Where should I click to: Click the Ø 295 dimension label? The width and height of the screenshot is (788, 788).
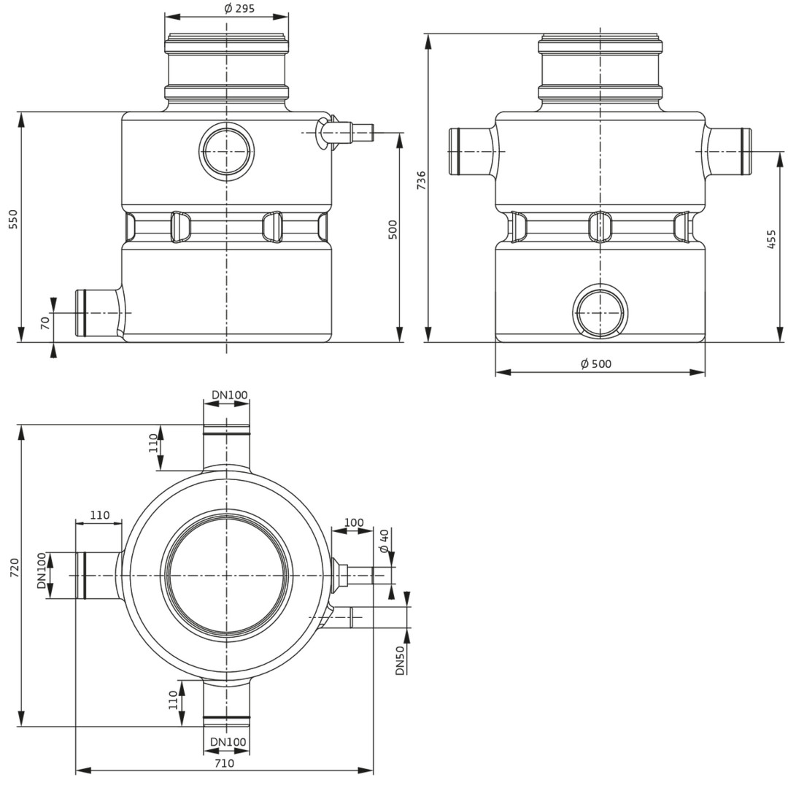(x=240, y=9)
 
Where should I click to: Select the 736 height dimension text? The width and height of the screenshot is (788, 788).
(x=422, y=180)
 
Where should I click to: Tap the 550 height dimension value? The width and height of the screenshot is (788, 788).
(x=13, y=219)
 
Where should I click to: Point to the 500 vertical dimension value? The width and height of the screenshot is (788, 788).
(x=393, y=229)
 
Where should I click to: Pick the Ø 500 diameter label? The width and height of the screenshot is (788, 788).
(x=596, y=364)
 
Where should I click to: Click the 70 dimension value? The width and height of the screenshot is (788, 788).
(x=45, y=322)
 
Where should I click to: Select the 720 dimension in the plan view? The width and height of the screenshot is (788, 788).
(x=15, y=568)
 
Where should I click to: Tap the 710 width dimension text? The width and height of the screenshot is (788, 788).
(x=224, y=763)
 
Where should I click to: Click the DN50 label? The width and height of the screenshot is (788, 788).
(x=400, y=660)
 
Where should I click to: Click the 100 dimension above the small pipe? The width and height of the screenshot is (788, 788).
(x=354, y=522)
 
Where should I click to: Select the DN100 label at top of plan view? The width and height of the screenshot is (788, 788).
(x=229, y=395)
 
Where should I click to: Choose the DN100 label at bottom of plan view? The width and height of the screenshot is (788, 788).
(x=228, y=742)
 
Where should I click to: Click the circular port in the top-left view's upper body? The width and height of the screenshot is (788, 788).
(x=226, y=150)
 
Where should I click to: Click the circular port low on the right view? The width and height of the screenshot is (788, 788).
(x=600, y=312)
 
